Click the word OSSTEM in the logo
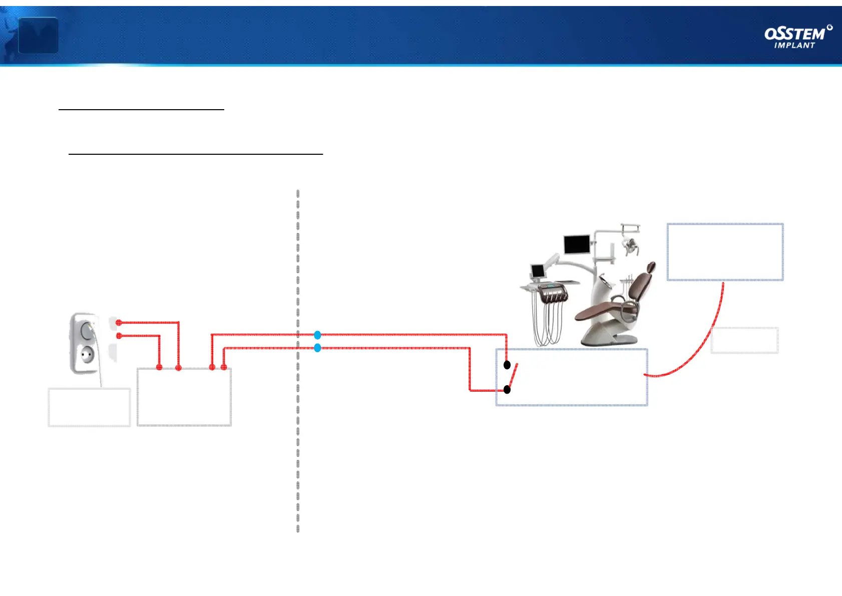[x=794, y=34]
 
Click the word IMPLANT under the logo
[x=794, y=46]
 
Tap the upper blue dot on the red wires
[x=317, y=335]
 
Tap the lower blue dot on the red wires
[x=317, y=348]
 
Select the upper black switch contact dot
[x=507, y=365]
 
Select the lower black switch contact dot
[x=507, y=390]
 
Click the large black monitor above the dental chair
[x=577, y=244]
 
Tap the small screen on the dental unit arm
[x=538, y=271]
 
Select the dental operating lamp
[x=629, y=245]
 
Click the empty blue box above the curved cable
[x=725, y=251]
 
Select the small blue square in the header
[x=38, y=35]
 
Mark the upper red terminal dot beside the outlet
[x=119, y=323]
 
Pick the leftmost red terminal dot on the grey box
[x=159, y=368]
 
